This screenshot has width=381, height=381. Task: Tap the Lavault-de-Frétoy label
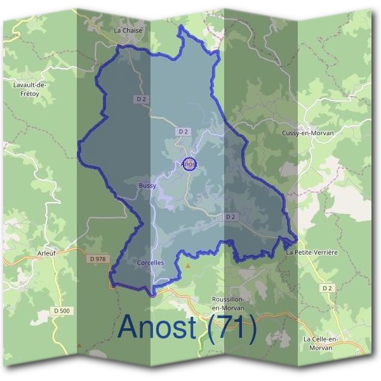tap(25, 88)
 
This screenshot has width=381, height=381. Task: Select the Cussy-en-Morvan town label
tap(307, 133)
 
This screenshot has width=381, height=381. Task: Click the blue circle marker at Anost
tap(189, 163)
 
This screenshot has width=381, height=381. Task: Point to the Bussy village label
tap(147, 185)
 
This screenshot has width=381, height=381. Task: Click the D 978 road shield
tap(97, 259)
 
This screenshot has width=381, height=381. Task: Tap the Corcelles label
tap(150, 262)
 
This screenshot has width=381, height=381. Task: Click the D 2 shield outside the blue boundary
tap(327, 288)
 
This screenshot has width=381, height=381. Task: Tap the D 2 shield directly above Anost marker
tap(184, 131)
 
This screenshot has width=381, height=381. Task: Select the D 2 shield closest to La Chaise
tap(141, 99)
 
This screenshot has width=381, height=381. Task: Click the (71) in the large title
tap(231, 328)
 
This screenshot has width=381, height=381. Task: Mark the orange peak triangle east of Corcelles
tap(188, 266)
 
